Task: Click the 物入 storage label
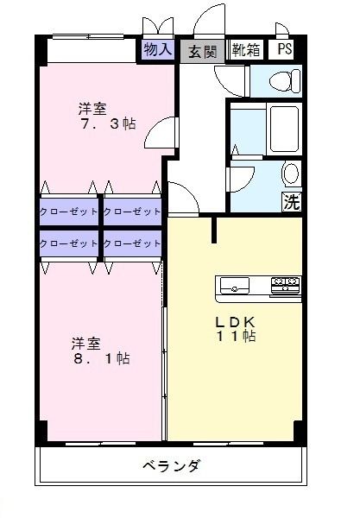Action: (x=158, y=50)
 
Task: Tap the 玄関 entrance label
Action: (x=203, y=50)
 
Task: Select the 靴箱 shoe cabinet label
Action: (x=246, y=50)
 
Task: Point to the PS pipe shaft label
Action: (x=284, y=50)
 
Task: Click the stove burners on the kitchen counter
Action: (x=286, y=282)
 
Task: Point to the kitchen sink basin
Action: (x=235, y=284)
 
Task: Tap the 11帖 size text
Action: (x=235, y=336)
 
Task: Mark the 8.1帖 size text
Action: (x=100, y=357)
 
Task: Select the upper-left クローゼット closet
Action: (x=69, y=212)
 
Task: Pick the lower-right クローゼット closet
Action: (x=133, y=243)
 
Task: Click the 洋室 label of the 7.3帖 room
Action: (x=92, y=108)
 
